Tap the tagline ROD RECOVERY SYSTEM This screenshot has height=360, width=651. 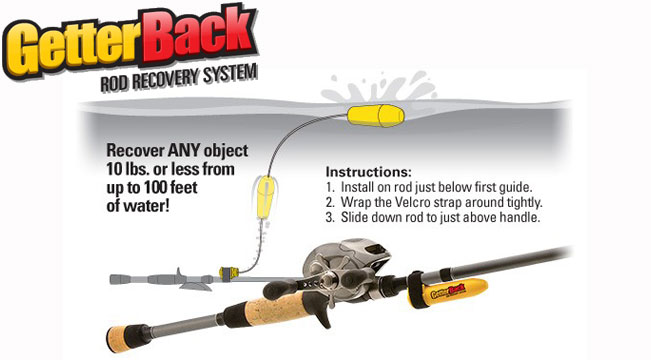(x=179, y=78)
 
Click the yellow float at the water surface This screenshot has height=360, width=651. (x=376, y=115)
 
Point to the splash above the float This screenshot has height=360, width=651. (x=379, y=87)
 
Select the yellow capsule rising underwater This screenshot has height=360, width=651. (x=264, y=197)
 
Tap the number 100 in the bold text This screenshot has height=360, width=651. (x=159, y=188)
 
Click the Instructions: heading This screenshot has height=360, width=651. (x=369, y=171)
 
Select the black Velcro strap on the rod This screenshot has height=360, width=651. (x=417, y=290)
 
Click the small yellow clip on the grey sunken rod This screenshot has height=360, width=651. (x=229, y=273)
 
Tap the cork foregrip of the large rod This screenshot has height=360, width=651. (x=274, y=309)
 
